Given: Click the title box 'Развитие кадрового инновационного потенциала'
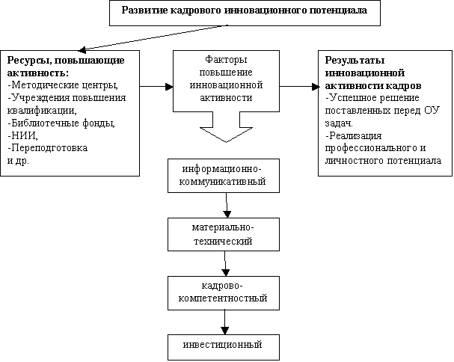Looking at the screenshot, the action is (x=245, y=13).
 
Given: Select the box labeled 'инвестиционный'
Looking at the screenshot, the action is (x=224, y=347).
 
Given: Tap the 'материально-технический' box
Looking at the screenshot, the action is (x=224, y=234).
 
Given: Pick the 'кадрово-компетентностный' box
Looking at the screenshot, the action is (x=224, y=293).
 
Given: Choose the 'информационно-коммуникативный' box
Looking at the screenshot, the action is (x=224, y=176).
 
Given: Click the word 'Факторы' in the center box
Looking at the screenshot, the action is (x=226, y=60).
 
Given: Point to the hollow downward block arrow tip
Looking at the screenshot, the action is (x=226, y=142).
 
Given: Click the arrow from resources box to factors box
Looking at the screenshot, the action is (x=156, y=86).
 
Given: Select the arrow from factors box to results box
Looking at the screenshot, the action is (x=299, y=86).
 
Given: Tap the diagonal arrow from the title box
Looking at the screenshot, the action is (x=153, y=37).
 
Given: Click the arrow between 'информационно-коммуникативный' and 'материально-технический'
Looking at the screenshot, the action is (x=227, y=206).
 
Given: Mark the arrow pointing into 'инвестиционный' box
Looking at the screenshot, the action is (x=224, y=322).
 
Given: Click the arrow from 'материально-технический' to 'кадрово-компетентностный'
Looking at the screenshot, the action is (x=225, y=263).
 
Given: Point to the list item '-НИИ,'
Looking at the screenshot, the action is (x=22, y=135).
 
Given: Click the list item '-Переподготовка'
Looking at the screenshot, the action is (x=47, y=148).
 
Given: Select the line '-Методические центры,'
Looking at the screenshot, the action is (x=63, y=85).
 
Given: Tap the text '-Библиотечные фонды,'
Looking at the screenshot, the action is (x=61, y=123).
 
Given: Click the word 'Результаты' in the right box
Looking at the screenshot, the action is (x=355, y=61).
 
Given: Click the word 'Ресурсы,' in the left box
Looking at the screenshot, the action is (x=28, y=61).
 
